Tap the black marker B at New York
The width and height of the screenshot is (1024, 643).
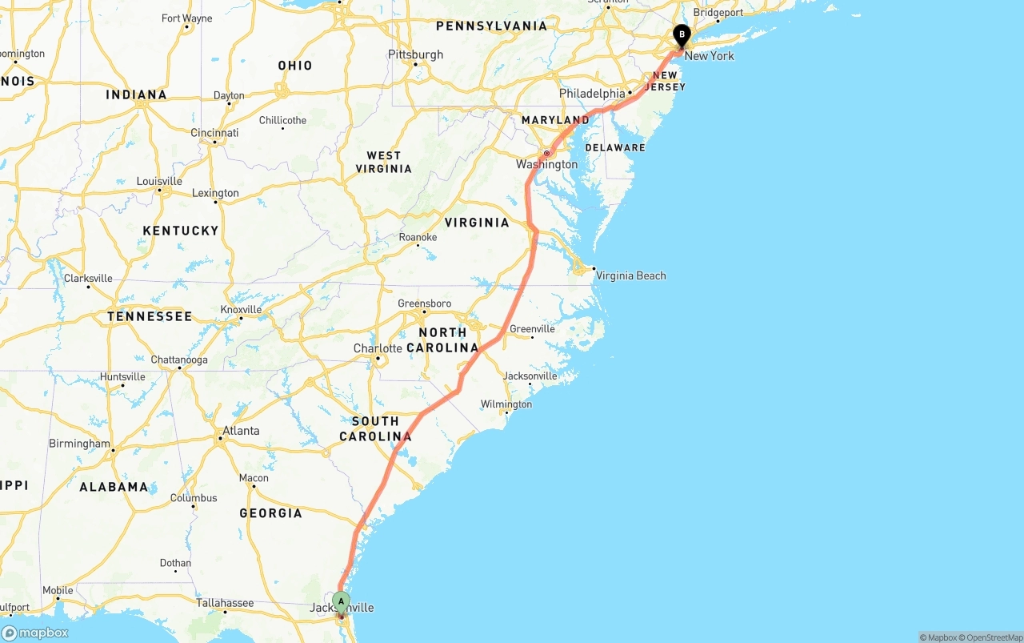click(x=682, y=35)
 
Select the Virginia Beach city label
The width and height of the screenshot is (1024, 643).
click(x=630, y=275)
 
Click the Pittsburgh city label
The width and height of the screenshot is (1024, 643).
click(x=415, y=54)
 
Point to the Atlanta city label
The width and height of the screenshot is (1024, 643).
click(x=241, y=431)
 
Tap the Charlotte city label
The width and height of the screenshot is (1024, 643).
click(x=378, y=348)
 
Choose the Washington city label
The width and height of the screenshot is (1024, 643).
click(x=546, y=164)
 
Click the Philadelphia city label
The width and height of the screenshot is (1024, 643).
click(x=592, y=94)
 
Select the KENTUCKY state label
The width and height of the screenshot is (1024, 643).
click(x=181, y=231)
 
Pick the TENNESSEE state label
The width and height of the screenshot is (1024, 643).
click(x=150, y=316)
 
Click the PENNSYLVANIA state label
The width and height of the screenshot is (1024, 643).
click(x=491, y=26)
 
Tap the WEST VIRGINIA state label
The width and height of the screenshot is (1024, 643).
click(x=389, y=162)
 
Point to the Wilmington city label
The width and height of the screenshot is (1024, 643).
click(x=506, y=404)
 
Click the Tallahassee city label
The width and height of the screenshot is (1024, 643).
click(x=225, y=603)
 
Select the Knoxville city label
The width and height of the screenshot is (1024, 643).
click(x=241, y=310)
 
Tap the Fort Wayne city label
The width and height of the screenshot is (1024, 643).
click(x=186, y=18)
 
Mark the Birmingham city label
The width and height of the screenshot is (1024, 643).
click(x=79, y=444)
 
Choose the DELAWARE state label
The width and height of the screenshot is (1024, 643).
click(x=614, y=147)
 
